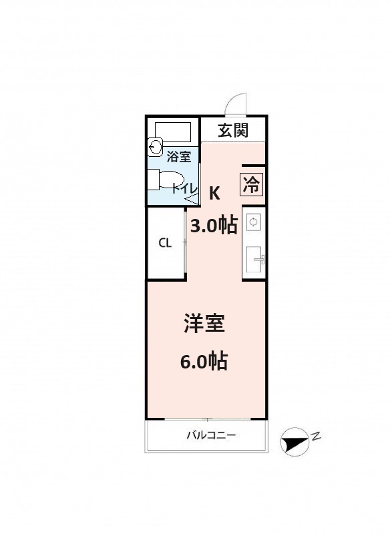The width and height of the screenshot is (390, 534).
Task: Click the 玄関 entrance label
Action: click(x=233, y=130)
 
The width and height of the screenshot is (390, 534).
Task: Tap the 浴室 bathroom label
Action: click(x=179, y=157)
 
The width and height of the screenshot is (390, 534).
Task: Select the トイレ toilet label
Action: click(x=184, y=188)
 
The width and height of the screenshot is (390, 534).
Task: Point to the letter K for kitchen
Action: click(x=214, y=194)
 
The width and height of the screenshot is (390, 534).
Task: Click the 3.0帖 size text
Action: click(x=214, y=225)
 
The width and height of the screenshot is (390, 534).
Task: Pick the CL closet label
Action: click(x=165, y=243)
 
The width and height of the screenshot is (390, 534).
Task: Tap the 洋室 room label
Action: click(x=204, y=323)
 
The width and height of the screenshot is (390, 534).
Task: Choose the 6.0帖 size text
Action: click(x=204, y=361)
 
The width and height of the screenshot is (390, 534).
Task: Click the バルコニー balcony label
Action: click(x=211, y=435)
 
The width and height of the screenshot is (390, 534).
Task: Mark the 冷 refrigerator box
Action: click(x=252, y=185)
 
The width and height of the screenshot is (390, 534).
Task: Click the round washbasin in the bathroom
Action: click(x=156, y=147)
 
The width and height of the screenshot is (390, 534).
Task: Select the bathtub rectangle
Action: click(x=173, y=131)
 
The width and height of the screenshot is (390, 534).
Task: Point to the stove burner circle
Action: click(x=253, y=222)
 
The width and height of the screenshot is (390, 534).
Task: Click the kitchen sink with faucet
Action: click(x=255, y=259)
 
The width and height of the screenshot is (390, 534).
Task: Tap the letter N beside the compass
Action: click(x=317, y=436)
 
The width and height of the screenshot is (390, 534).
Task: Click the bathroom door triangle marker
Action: click(x=191, y=199)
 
